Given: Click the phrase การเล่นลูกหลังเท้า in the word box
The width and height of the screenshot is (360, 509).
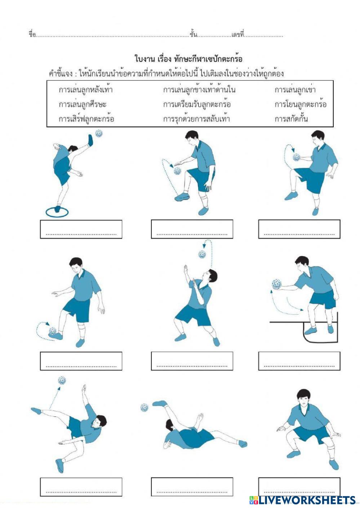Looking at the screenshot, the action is coord(86,90).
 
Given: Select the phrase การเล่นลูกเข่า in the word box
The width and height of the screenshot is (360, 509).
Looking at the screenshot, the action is coord(295,90).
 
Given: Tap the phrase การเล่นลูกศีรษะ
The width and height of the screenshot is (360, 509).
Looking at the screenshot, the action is coord(83,104).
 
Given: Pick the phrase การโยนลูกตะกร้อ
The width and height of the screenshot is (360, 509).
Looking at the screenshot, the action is coord(301,104).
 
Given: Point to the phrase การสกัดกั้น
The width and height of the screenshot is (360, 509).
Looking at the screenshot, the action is coord(291,119).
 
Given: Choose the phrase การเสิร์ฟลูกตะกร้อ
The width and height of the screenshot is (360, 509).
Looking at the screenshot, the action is coord(86,119).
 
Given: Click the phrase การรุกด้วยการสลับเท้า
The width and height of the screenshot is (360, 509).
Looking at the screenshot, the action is coord(196,119).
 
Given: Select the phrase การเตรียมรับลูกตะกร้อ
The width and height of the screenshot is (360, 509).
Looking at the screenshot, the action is coord(197,104).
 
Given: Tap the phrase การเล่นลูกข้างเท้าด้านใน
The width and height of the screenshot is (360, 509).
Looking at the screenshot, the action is coord(199,90).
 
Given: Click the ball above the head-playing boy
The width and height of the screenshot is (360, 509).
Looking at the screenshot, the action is coord(202,254).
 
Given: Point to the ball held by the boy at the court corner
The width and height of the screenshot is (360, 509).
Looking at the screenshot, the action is coord(277,284).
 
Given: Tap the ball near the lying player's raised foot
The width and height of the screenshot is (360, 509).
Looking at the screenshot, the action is coord(145,407).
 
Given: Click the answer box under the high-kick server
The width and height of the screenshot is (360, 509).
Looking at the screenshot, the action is coord(81,229).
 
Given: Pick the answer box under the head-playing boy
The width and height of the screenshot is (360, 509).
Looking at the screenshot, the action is coord(192,361).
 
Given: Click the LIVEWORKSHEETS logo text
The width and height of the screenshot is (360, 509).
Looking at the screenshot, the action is coord(307,500).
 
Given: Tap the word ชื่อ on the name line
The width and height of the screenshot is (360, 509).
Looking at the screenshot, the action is coord(32,35).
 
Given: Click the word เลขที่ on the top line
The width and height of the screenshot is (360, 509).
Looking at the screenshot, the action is coord(237,35).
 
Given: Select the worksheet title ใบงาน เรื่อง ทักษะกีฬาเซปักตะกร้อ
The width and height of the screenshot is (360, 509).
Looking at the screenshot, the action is coord(188,59).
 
